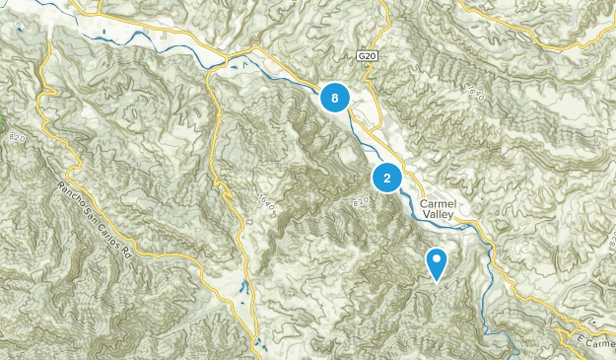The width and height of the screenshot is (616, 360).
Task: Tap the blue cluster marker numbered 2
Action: pyautogui.click(x=386, y=178)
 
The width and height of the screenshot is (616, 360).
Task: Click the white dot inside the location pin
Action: pyautogui.click(x=437, y=259)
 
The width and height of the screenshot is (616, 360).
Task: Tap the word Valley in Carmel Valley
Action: pyautogui.click(x=439, y=212)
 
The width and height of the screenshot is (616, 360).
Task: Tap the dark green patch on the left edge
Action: pyautogui.click(x=3, y=128)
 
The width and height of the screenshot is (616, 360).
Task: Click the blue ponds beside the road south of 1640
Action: pyautogui.click(x=242, y=289)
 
